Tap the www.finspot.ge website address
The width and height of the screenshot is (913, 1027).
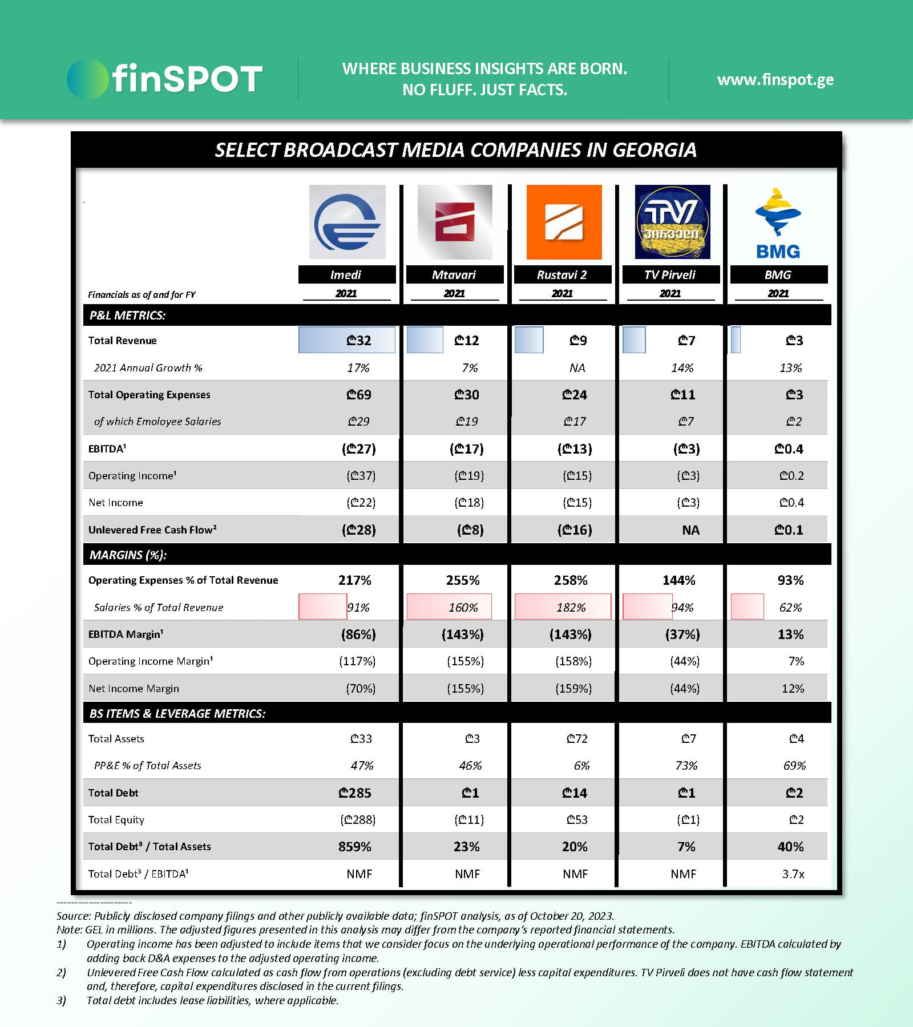pos(775,79)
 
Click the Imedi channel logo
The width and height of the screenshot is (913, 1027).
pos(347,222)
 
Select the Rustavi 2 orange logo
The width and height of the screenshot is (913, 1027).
pos(564,222)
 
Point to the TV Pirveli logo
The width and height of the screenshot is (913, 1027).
pos(672,222)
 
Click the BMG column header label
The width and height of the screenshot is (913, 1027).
pos(778,274)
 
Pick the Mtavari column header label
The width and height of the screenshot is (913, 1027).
pos(454,274)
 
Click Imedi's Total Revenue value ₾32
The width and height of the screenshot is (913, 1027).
pos(358,341)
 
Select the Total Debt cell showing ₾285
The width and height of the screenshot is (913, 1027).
pos(355,793)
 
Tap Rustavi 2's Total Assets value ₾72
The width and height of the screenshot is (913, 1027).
pos(577,739)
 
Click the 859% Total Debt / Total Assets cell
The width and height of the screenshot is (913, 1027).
pos(355,847)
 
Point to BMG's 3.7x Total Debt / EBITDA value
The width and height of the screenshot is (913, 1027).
pos(793,874)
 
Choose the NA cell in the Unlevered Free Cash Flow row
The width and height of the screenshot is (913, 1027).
pos(690,530)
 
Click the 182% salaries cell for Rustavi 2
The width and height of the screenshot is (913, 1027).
pos(571,608)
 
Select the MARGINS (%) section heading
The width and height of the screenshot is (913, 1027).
pos(128,555)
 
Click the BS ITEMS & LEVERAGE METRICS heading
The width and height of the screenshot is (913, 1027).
pos(177,713)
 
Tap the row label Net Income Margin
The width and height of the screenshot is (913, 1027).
pos(134,689)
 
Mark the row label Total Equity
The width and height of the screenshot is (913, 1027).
pos(116,820)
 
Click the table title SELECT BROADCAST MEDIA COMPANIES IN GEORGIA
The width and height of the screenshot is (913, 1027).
pos(455,150)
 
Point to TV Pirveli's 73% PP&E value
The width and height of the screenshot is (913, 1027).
pos(686,766)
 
